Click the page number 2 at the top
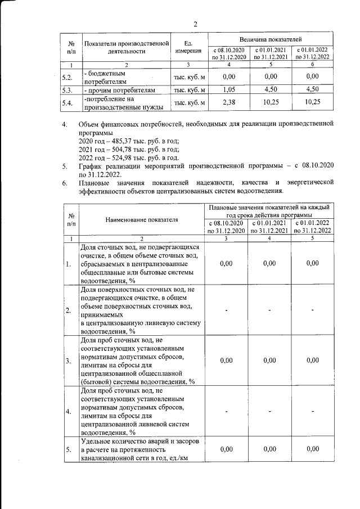point(195,24)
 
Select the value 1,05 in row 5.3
point(228,90)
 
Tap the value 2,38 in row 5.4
point(228,102)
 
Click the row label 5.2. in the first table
point(67,77)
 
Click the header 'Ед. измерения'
point(188,46)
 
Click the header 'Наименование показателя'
point(143,219)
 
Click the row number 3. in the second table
point(68,361)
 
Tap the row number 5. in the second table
point(68,449)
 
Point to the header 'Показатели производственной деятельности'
point(126,46)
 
